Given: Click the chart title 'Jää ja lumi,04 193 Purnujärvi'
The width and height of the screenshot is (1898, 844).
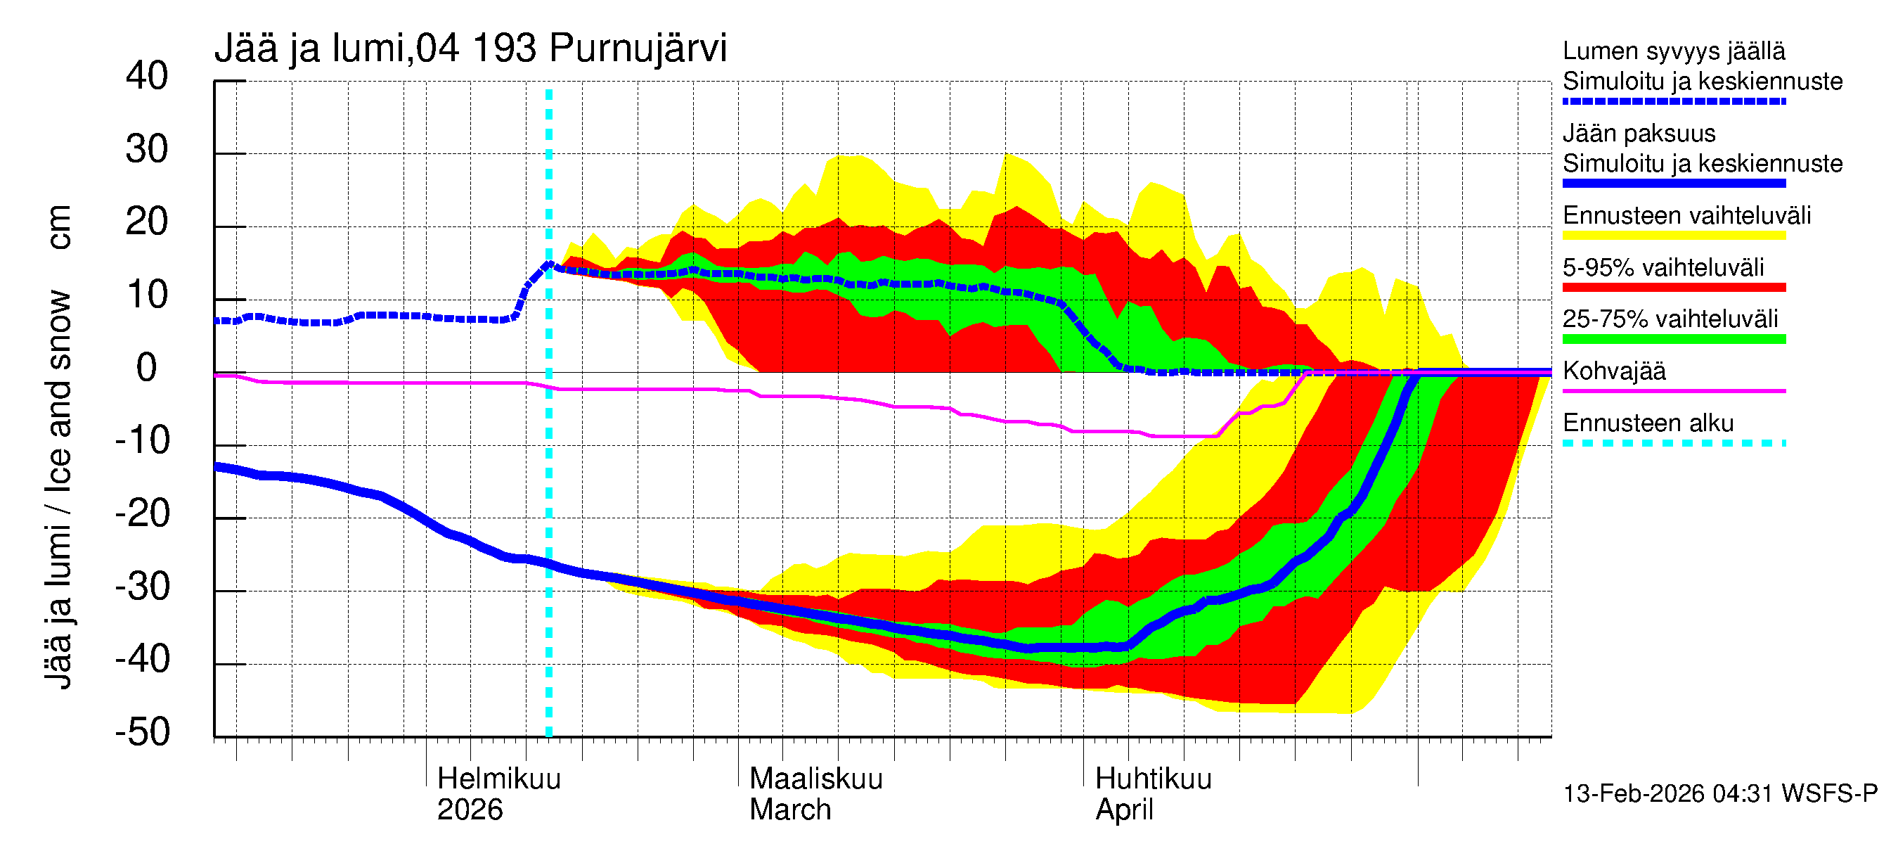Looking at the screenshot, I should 470,49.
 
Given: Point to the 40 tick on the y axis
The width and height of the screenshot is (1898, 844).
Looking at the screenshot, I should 147,77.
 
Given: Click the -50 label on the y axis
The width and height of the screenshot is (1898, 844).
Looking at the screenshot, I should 142,732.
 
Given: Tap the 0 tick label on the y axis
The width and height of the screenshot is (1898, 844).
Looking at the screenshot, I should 147,368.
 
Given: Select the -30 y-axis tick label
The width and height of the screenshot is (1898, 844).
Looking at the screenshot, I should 142,587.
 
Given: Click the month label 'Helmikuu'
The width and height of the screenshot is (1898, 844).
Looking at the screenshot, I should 499,779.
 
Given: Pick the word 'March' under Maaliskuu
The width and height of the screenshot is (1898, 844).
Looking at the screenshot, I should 790,810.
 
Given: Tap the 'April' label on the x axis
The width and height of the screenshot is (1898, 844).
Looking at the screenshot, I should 1123,810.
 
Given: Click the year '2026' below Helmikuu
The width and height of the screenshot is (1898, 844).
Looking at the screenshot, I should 470,810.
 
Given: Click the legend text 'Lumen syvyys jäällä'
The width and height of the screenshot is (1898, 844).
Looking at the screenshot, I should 1673,51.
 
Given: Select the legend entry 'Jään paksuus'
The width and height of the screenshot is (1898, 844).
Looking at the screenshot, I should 1639,134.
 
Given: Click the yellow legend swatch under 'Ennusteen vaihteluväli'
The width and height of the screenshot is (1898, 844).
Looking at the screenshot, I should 1673,236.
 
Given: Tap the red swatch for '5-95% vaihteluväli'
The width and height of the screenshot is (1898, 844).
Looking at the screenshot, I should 1673,288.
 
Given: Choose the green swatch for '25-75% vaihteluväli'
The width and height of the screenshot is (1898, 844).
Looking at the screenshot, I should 1673,339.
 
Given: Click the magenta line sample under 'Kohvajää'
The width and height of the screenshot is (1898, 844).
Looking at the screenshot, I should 1673,390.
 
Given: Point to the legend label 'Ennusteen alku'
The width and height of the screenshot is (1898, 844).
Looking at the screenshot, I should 1648,423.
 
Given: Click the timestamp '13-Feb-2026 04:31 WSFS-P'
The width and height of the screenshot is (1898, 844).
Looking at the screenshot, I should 1719,793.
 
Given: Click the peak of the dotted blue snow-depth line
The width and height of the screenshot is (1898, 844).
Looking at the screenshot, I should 548,263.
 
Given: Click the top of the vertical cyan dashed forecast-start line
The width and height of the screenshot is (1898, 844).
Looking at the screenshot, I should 549,91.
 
